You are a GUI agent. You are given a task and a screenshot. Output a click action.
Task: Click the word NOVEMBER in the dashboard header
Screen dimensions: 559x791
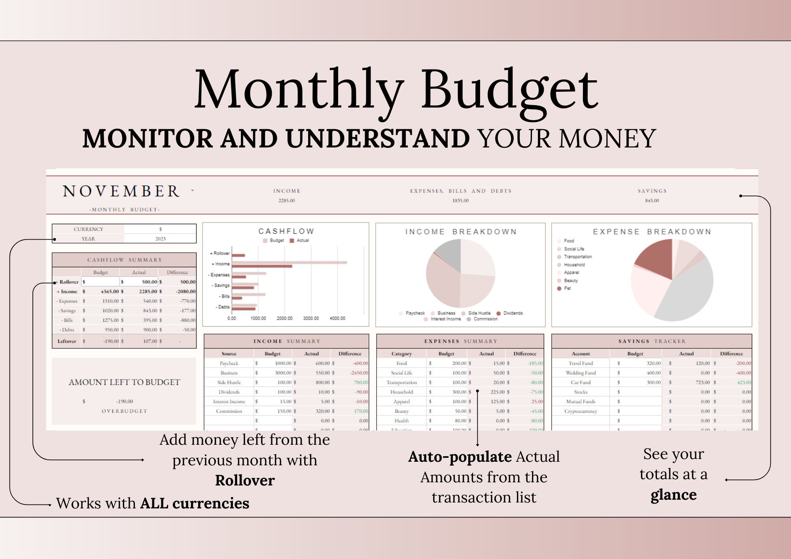pos(121,191)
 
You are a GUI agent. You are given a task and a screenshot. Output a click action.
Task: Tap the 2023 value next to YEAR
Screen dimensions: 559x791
pos(160,239)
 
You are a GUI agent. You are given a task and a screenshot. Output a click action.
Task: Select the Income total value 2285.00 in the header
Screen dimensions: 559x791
pos(286,200)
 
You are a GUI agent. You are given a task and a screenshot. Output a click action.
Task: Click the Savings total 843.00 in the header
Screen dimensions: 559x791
pos(652,200)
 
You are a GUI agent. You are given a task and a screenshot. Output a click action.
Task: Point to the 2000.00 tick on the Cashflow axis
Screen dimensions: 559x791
pos(284,318)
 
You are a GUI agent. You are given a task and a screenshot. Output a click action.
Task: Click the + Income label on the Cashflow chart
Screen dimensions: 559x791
pos(221,264)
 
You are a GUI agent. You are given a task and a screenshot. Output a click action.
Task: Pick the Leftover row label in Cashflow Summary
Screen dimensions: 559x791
pos(67,341)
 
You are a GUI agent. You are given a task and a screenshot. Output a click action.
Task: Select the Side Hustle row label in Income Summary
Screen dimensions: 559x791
pos(229,382)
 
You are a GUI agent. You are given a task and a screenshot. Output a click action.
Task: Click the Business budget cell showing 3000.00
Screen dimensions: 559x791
pos(283,373)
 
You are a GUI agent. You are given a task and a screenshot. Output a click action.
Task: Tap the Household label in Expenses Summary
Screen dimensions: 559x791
pos(401,392)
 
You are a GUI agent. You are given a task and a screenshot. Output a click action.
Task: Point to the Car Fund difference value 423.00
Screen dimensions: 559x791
pos(743,382)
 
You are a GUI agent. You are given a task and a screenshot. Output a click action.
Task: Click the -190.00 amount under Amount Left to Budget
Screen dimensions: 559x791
pos(125,401)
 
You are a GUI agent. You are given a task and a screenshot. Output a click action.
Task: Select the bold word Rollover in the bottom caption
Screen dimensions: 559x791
pos(245,480)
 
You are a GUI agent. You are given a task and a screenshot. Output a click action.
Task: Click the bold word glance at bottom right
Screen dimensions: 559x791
pos(674,495)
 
